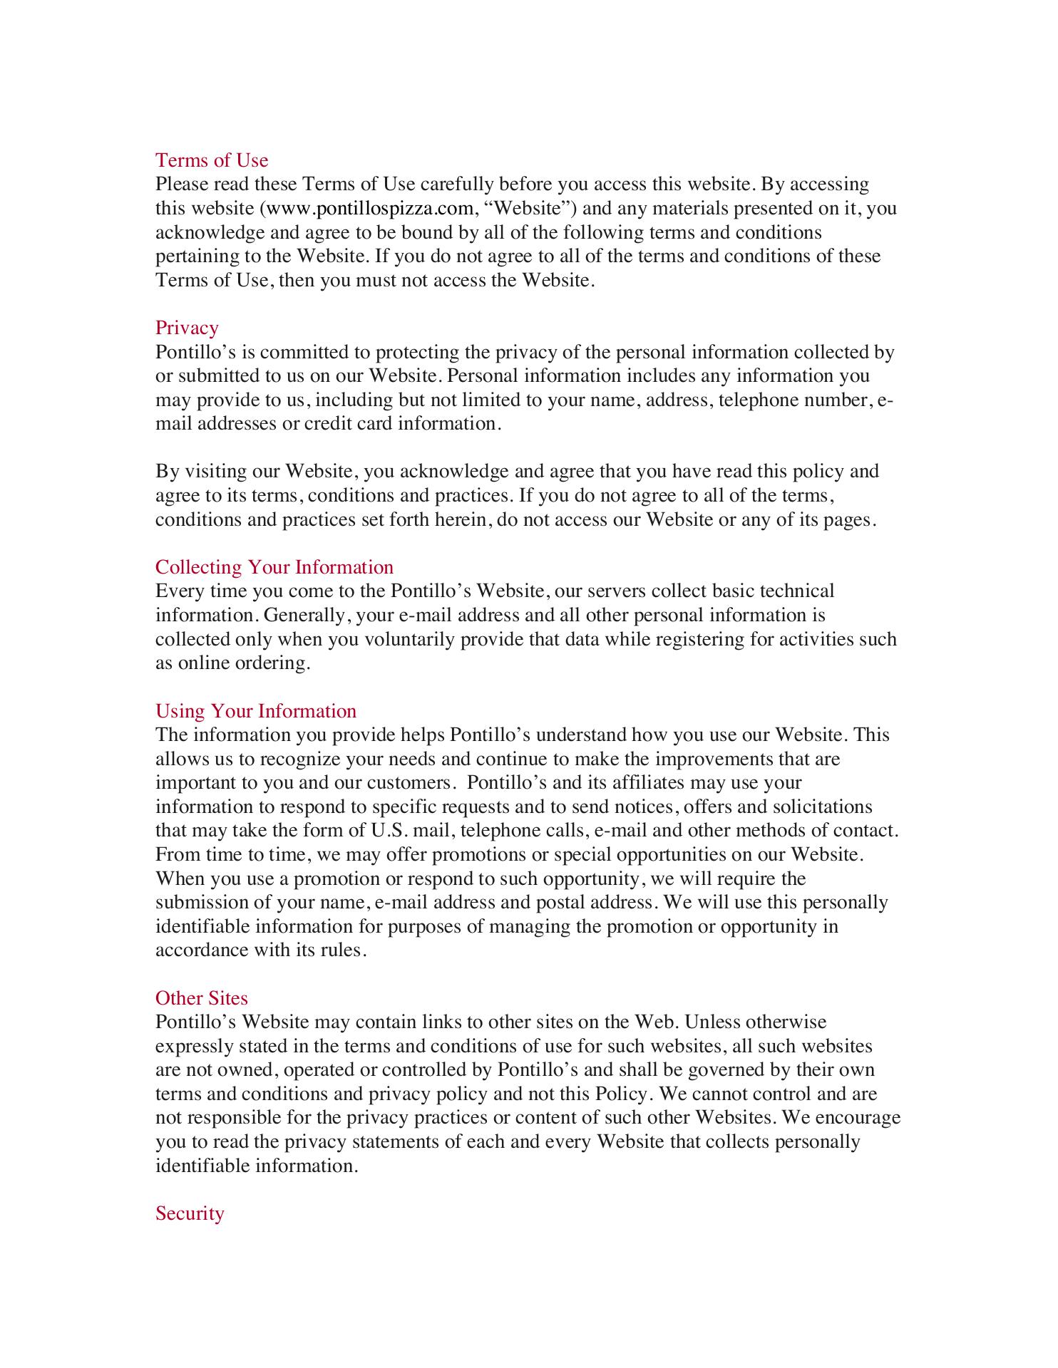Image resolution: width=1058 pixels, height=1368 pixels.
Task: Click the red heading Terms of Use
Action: (212, 160)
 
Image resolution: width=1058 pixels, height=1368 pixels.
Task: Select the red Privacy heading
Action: (187, 328)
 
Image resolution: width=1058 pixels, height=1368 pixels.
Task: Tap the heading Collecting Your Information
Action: (274, 567)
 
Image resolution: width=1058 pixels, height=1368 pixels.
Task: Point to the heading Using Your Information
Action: (256, 711)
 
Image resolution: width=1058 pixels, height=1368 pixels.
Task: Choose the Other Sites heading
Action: (202, 998)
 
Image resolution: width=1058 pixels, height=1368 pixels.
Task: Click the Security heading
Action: (190, 1213)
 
